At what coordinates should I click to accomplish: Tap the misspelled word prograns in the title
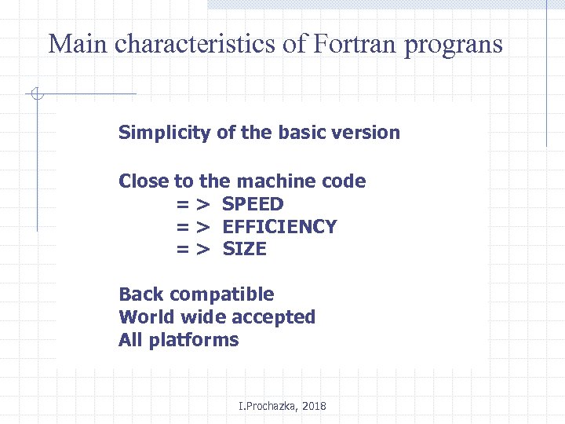click(x=454, y=46)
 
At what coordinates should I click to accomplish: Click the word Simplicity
click(x=165, y=133)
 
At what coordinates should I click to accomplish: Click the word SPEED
click(x=253, y=204)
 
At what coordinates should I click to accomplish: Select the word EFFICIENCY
click(x=279, y=227)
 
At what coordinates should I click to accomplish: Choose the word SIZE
click(x=244, y=250)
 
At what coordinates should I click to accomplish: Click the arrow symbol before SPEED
click(x=192, y=205)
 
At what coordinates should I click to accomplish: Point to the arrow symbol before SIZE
click(x=192, y=250)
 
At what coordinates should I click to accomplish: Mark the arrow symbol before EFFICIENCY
click(x=192, y=228)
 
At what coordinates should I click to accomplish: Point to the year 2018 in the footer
click(x=314, y=406)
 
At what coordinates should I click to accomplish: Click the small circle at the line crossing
click(x=36, y=95)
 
